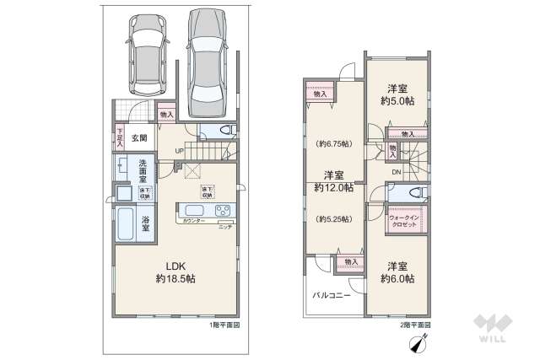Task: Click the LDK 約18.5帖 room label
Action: [175, 270]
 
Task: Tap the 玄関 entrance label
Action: [139, 137]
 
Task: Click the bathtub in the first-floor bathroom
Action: [124, 223]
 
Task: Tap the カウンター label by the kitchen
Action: [196, 221]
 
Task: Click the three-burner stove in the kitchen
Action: [223, 210]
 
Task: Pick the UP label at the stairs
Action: [179, 152]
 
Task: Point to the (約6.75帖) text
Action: [333, 143]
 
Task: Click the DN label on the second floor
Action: [396, 174]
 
